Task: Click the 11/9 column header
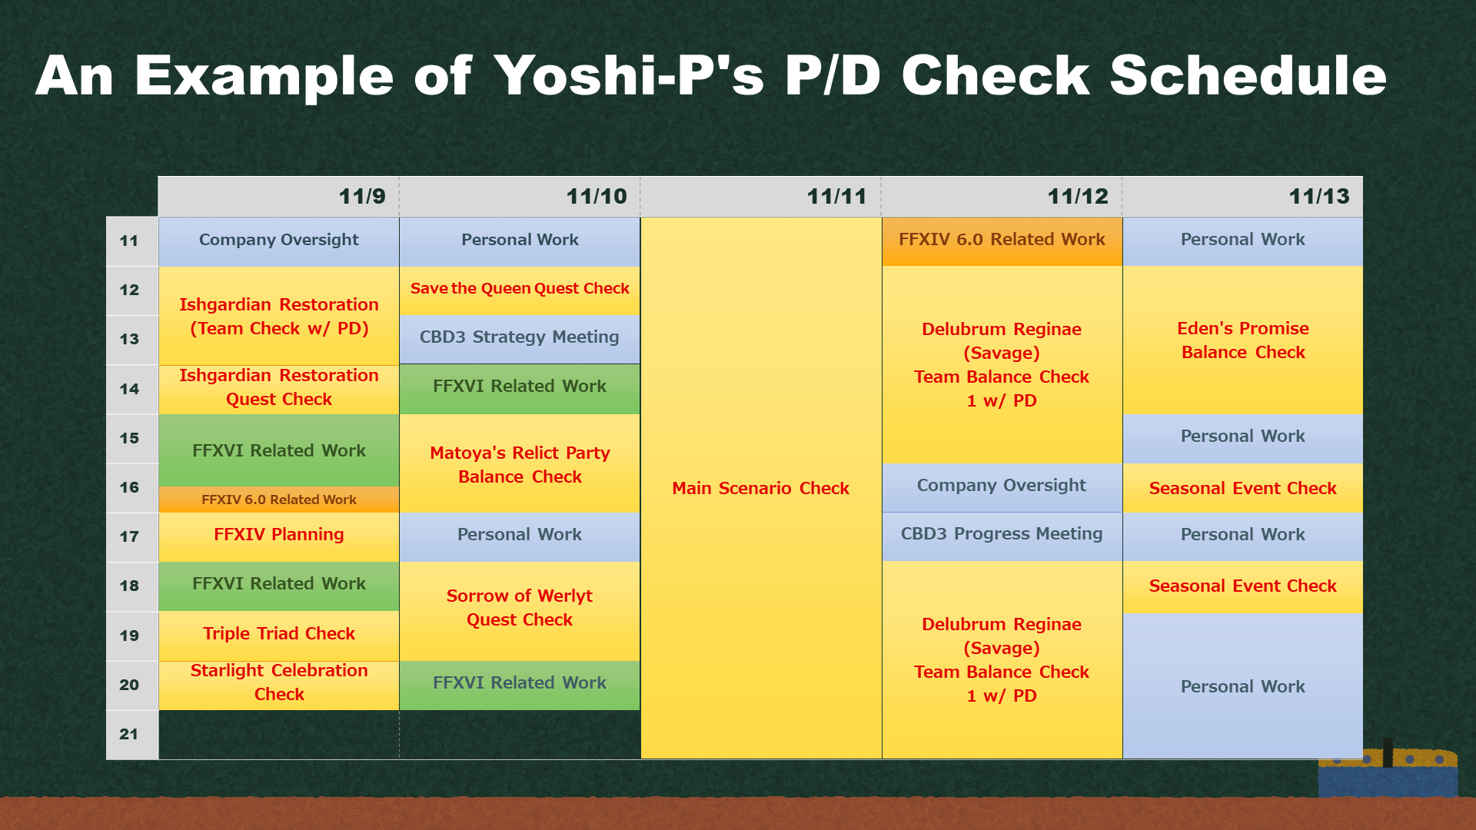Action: point(279,197)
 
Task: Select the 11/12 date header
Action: point(1002,197)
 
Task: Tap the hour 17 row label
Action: point(129,536)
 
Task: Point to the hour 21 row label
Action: point(129,734)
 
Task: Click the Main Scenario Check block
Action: point(761,488)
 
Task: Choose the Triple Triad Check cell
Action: point(279,636)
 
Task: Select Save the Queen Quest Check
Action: point(520,290)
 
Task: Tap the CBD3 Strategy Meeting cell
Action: point(520,339)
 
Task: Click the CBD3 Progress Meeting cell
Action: point(1002,536)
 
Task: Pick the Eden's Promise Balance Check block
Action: point(1243,340)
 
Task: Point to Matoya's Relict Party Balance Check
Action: point(520,463)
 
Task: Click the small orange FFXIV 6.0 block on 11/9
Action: point(279,500)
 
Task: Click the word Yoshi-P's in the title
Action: point(630,75)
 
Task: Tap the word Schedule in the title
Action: point(1248,75)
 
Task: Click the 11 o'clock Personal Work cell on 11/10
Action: point(520,241)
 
